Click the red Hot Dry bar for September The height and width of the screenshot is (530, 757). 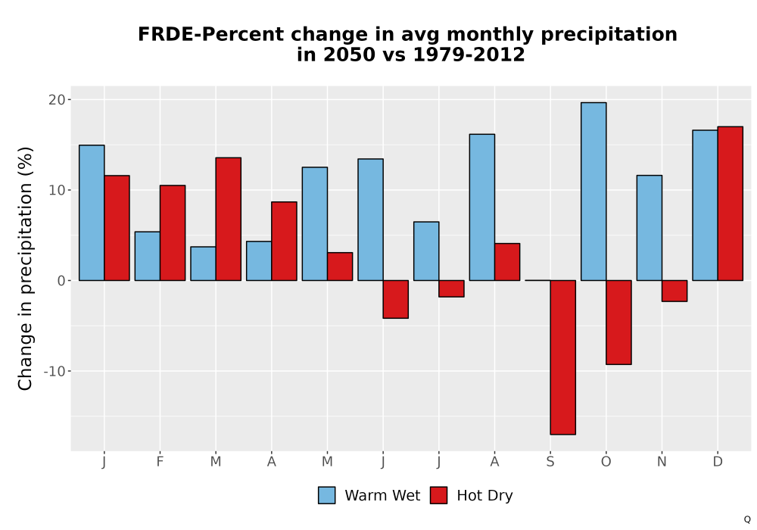pyautogui.click(x=563, y=357)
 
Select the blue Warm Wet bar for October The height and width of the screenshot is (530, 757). pyautogui.click(x=593, y=191)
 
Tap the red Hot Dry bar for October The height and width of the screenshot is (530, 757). pyautogui.click(x=619, y=322)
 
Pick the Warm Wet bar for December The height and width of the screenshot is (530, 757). pyautogui.click(x=706, y=205)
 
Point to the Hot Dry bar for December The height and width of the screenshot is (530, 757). pyautogui.click(x=731, y=203)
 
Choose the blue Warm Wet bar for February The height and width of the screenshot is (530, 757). pyautogui.click(x=148, y=256)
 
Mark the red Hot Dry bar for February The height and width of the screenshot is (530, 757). pyautogui.click(x=173, y=232)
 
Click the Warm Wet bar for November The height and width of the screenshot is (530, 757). pyautogui.click(x=650, y=228)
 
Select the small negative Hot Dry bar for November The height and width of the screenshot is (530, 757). pyautogui.click(x=674, y=291)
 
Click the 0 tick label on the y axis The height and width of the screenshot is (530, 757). pyautogui.click(x=61, y=280)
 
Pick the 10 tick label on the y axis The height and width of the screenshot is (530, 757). pyautogui.click(x=57, y=190)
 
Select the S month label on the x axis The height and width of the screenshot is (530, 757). pyautogui.click(x=550, y=462)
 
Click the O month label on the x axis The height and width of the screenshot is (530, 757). pyautogui.click(x=606, y=462)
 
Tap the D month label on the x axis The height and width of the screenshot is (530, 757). pyautogui.click(x=718, y=462)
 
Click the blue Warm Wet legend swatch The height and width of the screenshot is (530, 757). pyautogui.click(x=327, y=495)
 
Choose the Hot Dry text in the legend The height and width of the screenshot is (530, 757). pyautogui.click(x=484, y=496)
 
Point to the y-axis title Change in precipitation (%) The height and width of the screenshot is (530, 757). pyautogui.click(x=25, y=268)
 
